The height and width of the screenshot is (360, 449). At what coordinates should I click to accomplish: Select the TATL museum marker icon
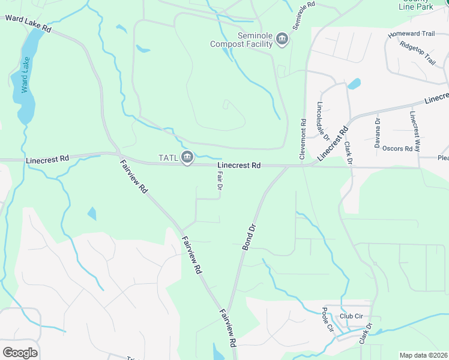click(x=187, y=157)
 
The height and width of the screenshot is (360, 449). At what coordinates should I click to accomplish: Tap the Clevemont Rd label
click(x=304, y=139)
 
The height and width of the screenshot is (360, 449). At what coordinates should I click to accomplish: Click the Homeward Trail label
click(x=410, y=34)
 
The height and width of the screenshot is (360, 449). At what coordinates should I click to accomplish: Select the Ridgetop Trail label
click(x=417, y=53)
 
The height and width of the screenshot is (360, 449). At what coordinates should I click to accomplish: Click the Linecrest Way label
click(x=415, y=131)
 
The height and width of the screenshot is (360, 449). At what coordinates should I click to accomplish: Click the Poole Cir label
click(x=328, y=320)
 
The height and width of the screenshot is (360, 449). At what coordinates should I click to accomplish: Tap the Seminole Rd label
click(x=304, y=16)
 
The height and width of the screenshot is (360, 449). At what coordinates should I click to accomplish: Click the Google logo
click(x=20, y=353)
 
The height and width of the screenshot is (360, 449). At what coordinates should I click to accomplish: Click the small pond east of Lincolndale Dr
click(x=354, y=83)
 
